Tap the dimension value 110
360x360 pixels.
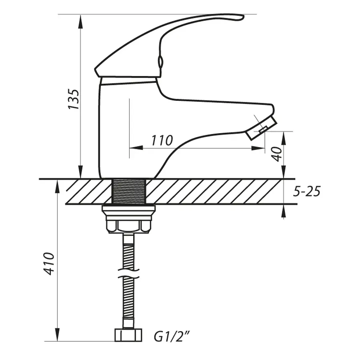point(162,140)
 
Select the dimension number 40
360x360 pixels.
point(276,153)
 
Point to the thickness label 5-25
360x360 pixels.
point(307,192)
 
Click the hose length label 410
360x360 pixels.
point(49,263)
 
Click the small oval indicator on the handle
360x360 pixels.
point(160,62)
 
